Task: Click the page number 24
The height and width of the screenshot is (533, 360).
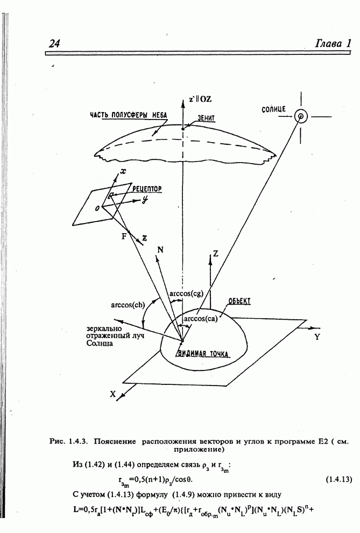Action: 54,44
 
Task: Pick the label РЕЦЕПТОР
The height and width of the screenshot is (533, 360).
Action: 147,190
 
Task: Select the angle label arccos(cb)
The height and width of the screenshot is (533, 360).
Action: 126,305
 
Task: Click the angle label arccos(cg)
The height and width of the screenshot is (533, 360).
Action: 186,293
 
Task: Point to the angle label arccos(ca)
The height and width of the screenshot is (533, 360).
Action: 200,319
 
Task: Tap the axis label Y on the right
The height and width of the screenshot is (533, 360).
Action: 317,338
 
